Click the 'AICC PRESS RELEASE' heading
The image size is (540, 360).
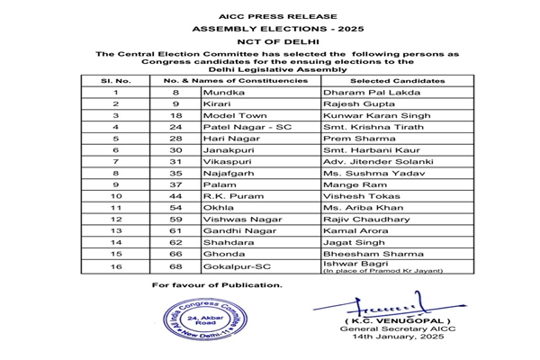pos(269,16)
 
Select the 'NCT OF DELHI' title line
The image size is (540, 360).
pos(269,42)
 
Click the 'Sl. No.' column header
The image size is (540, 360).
pos(115,81)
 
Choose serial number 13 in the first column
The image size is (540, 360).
pos(115,229)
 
